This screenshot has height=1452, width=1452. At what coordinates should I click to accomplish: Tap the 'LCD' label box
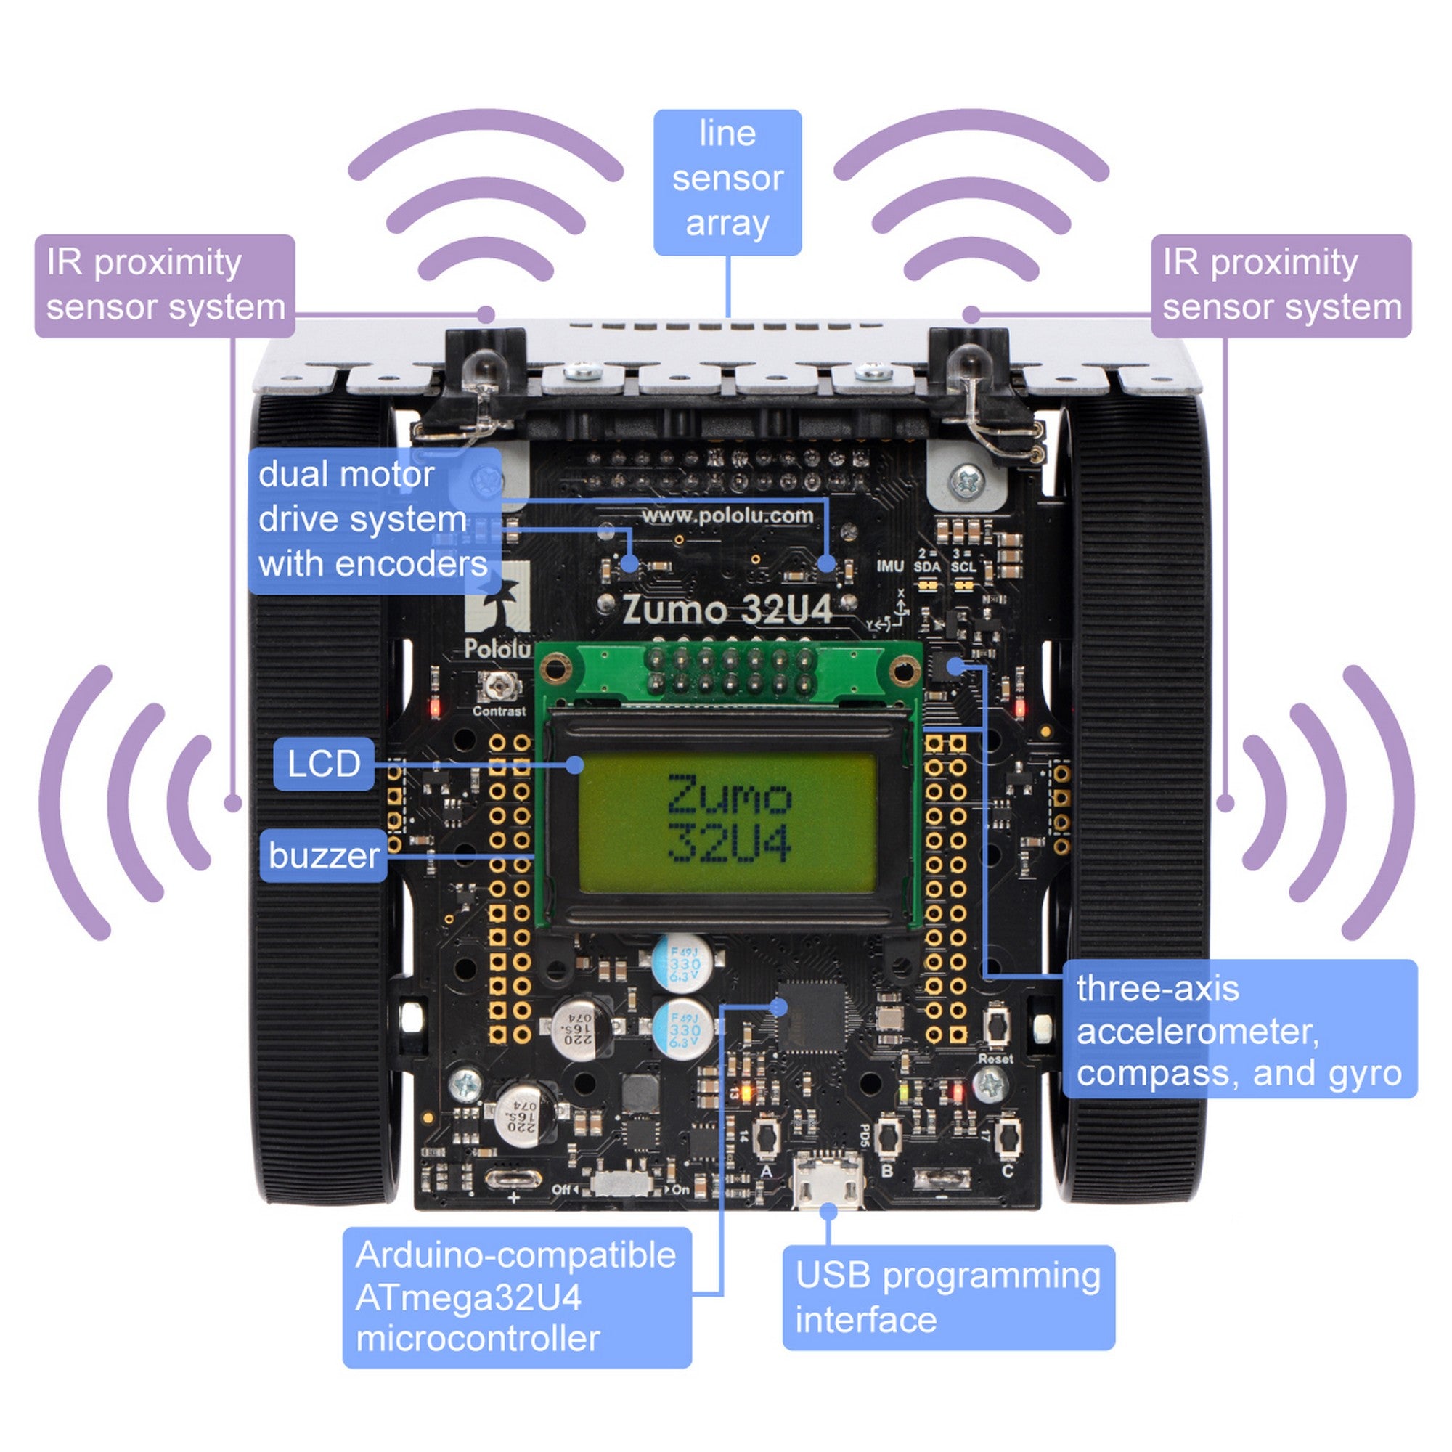point(323,764)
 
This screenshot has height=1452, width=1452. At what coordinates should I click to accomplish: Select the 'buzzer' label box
point(323,855)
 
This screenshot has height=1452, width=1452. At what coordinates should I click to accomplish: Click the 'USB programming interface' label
point(947,1297)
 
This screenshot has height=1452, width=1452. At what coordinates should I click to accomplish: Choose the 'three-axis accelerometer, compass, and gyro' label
point(1239,1031)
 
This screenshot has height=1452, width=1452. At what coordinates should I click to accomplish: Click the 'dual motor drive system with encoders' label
point(373,520)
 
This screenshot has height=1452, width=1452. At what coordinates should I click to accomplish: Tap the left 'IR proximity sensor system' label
point(165,285)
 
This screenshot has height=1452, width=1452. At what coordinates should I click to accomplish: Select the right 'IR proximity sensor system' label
point(1281,285)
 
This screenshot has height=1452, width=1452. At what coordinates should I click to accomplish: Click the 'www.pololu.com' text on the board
point(727,515)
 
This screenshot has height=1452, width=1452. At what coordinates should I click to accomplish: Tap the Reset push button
point(996,1026)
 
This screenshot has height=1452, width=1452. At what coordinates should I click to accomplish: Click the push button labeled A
point(766,1135)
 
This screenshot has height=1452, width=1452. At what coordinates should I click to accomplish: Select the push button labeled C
point(1008,1135)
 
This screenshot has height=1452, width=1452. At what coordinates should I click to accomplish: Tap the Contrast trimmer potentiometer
point(497,685)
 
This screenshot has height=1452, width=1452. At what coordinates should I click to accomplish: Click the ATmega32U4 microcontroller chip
point(812,1016)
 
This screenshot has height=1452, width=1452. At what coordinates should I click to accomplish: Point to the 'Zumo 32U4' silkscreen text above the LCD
point(727,611)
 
